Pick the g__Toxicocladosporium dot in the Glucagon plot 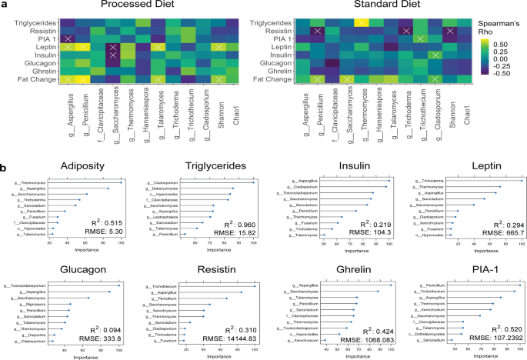pos(119,285)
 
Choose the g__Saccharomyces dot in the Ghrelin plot pos(377,291)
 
